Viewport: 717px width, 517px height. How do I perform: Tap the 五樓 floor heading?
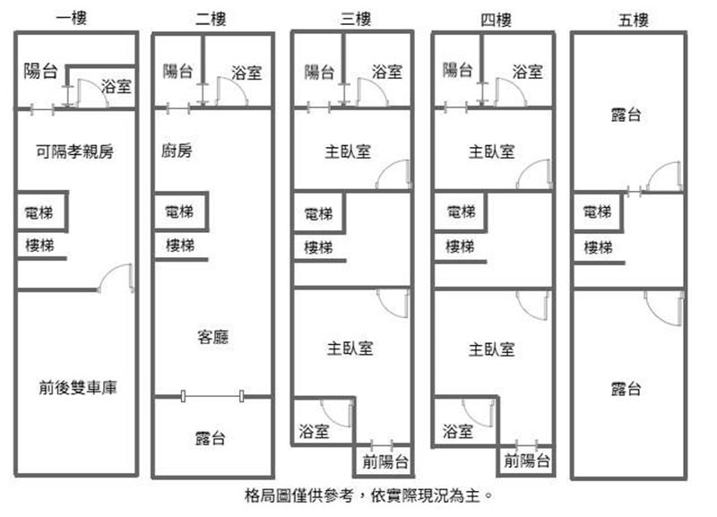pyautogui.click(x=633, y=19)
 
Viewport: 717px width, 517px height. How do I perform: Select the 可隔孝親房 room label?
pyautogui.click(x=75, y=151)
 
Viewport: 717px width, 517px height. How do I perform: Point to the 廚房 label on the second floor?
pyautogui.click(x=177, y=151)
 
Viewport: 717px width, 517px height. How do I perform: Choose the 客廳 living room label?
pyautogui.click(x=212, y=338)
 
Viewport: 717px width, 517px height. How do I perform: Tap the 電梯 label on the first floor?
pyautogui.click(x=40, y=214)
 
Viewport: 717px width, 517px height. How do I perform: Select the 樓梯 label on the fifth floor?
pyautogui.click(x=598, y=247)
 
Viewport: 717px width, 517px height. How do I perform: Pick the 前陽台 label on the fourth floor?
pyautogui.click(x=526, y=462)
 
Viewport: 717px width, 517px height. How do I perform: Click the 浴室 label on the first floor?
pyautogui.click(x=116, y=87)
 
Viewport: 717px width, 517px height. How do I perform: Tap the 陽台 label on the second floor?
pyautogui.click(x=177, y=73)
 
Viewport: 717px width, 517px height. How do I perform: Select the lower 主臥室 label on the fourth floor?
pyautogui.click(x=491, y=349)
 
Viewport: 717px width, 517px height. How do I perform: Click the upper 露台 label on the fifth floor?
pyautogui.click(x=626, y=116)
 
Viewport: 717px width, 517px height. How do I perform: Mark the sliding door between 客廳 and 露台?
pyautogui.click(x=212, y=395)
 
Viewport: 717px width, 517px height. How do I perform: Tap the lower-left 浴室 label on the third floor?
pyautogui.click(x=314, y=431)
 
